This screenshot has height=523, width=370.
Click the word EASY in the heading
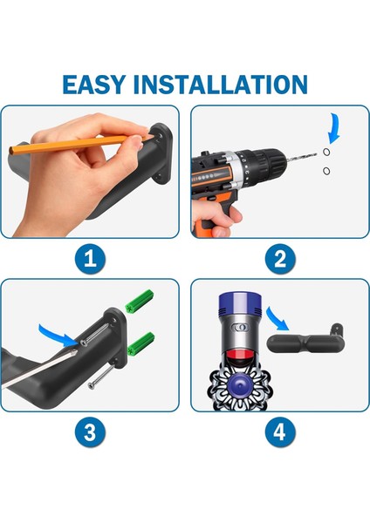(x=94, y=85)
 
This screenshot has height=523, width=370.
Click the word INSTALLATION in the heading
(x=220, y=85)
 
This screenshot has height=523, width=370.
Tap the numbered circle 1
(x=90, y=259)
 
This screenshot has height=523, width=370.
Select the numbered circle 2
(x=280, y=259)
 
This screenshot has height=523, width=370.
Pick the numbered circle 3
(x=90, y=432)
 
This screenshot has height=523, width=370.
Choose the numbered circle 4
(x=280, y=432)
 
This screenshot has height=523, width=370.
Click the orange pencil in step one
(x=80, y=144)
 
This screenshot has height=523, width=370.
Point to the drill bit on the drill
(x=301, y=157)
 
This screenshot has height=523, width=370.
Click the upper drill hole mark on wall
(x=326, y=152)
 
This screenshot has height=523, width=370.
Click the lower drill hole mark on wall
(x=326, y=171)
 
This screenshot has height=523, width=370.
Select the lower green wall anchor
(x=140, y=343)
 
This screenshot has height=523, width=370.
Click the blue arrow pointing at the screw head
(x=58, y=334)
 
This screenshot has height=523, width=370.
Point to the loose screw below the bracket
(x=101, y=377)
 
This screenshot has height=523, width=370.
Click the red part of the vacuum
(x=239, y=356)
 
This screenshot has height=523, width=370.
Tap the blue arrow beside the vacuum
(x=277, y=318)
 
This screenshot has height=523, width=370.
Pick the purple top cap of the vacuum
(x=239, y=303)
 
